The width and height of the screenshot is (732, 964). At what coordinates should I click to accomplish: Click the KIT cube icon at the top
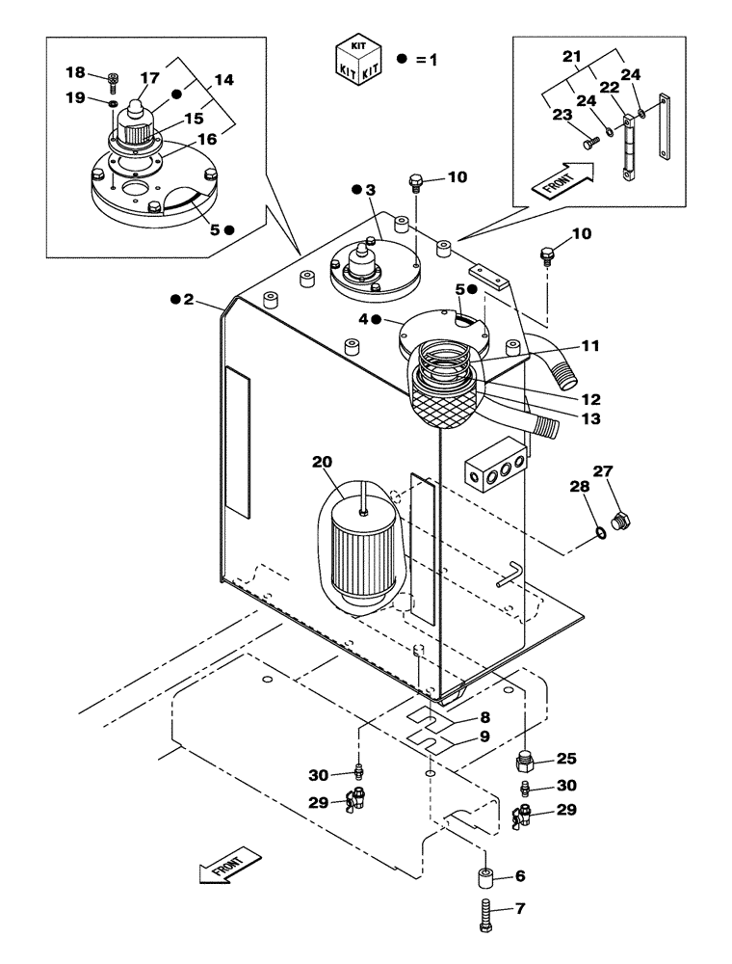coord(356,59)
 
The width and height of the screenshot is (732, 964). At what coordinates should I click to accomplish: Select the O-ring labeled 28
coord(600,530)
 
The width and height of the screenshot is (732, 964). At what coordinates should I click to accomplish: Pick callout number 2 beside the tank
coord(189,301)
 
